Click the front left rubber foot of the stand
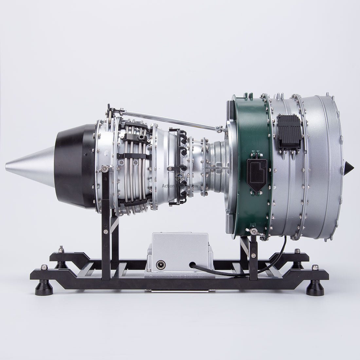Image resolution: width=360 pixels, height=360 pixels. click(44, 288)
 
